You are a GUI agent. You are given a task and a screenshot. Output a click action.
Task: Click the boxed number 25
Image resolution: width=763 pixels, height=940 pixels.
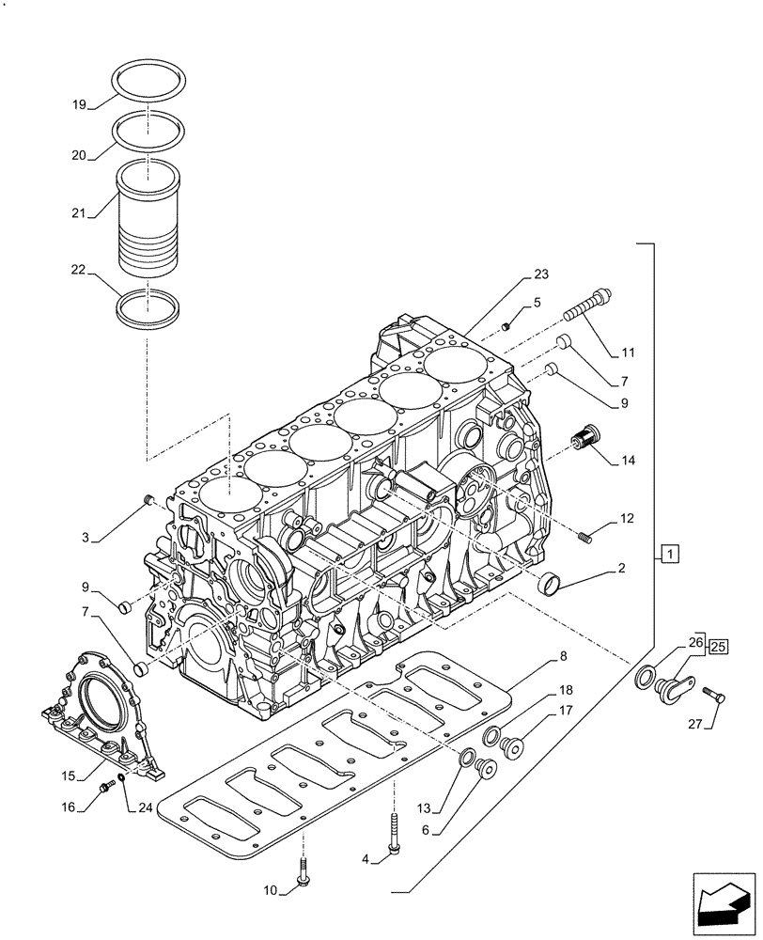pos(717,646)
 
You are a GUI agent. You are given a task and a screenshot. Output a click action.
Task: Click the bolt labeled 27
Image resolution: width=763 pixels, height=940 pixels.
pos(713,696)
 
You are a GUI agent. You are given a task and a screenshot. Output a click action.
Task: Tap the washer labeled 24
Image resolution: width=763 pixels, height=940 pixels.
pos(121,779)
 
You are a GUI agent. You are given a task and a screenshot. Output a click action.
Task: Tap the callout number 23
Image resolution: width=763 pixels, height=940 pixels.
pos(540,274)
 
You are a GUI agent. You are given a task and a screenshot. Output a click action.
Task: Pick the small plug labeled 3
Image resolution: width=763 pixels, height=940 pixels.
pos(148,499)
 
